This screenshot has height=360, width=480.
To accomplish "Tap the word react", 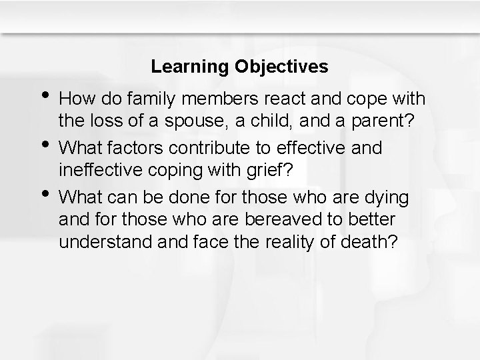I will point(285,99).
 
